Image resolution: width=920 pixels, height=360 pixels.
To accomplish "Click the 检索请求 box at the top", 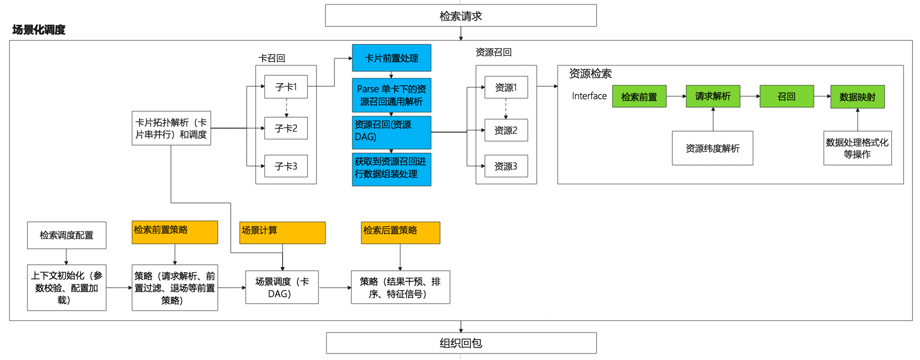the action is (460, 15).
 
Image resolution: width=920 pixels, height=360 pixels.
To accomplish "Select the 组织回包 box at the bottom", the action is (461, 343).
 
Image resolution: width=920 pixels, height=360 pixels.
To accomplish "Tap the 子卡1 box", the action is (286, 87).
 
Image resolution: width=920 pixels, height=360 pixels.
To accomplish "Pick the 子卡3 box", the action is (286, 166).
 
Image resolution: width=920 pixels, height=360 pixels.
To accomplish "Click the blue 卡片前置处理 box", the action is (392, 58).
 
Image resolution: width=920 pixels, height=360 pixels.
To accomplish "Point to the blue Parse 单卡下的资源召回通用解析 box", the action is (392, 95).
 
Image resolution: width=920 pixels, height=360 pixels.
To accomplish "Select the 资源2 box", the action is (506, 130).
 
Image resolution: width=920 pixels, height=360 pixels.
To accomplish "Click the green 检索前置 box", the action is (639, 97).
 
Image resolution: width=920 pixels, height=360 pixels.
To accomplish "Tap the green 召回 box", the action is (786, 96).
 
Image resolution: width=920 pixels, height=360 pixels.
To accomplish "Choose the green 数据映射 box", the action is (857, 97).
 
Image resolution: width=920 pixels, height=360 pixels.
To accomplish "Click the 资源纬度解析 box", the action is (713, 148).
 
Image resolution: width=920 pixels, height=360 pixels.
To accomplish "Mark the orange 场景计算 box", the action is (283, 233).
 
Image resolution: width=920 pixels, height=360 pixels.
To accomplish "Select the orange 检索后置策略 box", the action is (401, 233).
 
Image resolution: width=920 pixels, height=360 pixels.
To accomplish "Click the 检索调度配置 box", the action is (67, 235).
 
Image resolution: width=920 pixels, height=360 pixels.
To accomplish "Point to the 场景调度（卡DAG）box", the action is (282, 287).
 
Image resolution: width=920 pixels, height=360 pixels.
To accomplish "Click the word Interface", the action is (589, 96).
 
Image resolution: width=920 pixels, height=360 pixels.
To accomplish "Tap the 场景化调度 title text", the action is (39, 30).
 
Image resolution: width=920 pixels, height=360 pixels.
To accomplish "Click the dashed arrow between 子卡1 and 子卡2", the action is (287, 108).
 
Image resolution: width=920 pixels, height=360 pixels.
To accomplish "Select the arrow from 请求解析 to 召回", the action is (750, 96).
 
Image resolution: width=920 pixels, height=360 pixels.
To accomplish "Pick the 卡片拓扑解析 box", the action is (171, 128).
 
